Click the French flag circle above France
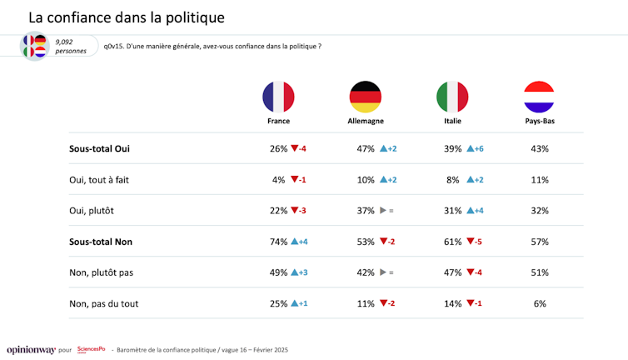tap(278, 97)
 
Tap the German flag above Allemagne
tap(365, 97)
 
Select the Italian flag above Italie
tap(452, 97)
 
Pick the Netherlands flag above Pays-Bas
tap(539, 97)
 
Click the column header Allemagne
tap(365, 121)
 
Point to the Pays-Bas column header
tap(539, 121)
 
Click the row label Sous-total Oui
tap(100, 148)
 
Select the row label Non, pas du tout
tap(104, 303)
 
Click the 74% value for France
tap(278, 242)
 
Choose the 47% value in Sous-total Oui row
tap(365, 148)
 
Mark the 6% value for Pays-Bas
tap(540, 303)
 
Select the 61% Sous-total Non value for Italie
tap(452, 242)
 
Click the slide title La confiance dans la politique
tap(126, 17)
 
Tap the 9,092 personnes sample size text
tap(70, 46)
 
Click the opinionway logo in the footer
tap(31, 349)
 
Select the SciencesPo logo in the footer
tap(90, 349)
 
